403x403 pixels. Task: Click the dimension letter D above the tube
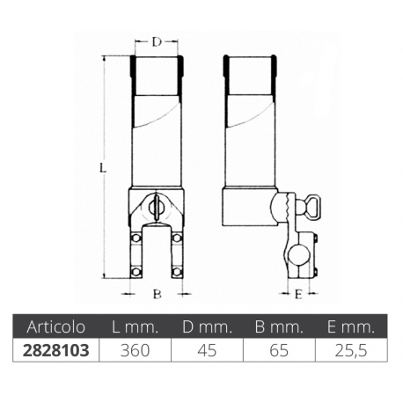[157, 41]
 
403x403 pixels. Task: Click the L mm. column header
[136, 326]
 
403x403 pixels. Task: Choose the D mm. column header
[206, 326]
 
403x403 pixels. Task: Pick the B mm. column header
[276, 326]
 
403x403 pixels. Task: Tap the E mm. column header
[348, 326]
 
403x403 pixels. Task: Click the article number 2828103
[55, 349]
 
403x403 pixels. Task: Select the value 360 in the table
[136, 349]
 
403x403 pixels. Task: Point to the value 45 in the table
[206, 349]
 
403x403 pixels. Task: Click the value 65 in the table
[276, 349]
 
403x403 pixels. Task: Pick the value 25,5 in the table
[348, 349]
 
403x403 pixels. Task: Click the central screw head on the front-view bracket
[158, 208]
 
